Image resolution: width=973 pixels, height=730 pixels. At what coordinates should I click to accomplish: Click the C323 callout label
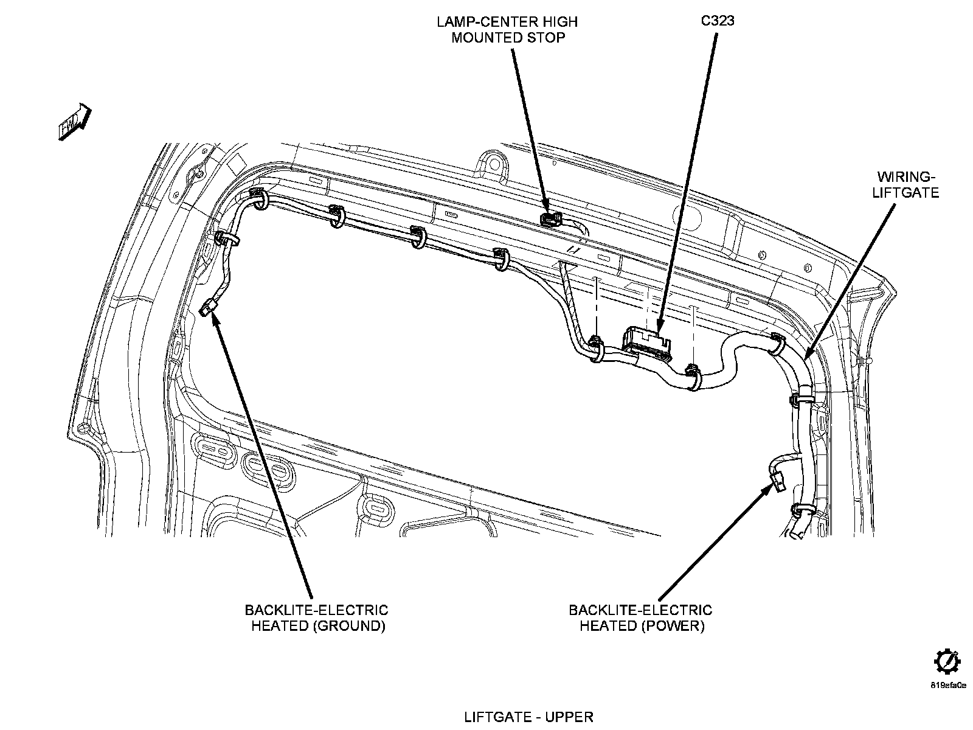[x=718, y=21]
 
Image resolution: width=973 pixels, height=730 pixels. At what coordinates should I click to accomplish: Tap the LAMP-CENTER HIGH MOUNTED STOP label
[x=507, y=29]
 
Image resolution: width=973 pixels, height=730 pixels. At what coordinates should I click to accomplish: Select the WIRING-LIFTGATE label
[x=905, y=184]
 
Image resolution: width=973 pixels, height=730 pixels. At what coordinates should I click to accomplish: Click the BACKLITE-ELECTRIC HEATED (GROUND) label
[x=316, y=618]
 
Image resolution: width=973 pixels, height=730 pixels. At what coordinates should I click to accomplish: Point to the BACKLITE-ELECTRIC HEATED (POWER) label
[x=640, y=618]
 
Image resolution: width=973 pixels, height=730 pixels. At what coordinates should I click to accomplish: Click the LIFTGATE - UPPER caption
[x=528, y=717]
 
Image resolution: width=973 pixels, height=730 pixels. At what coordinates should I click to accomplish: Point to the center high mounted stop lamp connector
[x=551, y=218]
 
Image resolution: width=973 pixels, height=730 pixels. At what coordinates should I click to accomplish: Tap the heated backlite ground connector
[x=209, y=308]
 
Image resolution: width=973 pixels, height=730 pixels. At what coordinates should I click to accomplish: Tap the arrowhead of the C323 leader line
[x=661, y=329]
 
